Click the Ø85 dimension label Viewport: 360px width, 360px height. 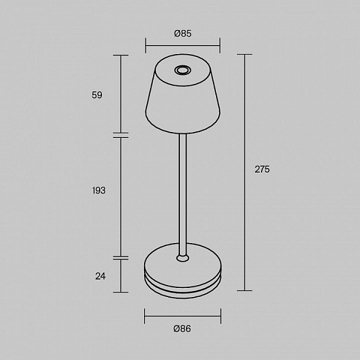(182, 34)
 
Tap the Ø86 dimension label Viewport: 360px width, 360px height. (182, 329)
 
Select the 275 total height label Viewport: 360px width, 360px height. (262, 169)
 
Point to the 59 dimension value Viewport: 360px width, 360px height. (97, 95)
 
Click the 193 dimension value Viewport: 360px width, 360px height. (99, 191)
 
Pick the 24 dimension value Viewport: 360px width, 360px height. (100, 276)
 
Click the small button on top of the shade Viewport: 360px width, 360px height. (182, 70)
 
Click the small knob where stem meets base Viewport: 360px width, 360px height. (183, 258)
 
